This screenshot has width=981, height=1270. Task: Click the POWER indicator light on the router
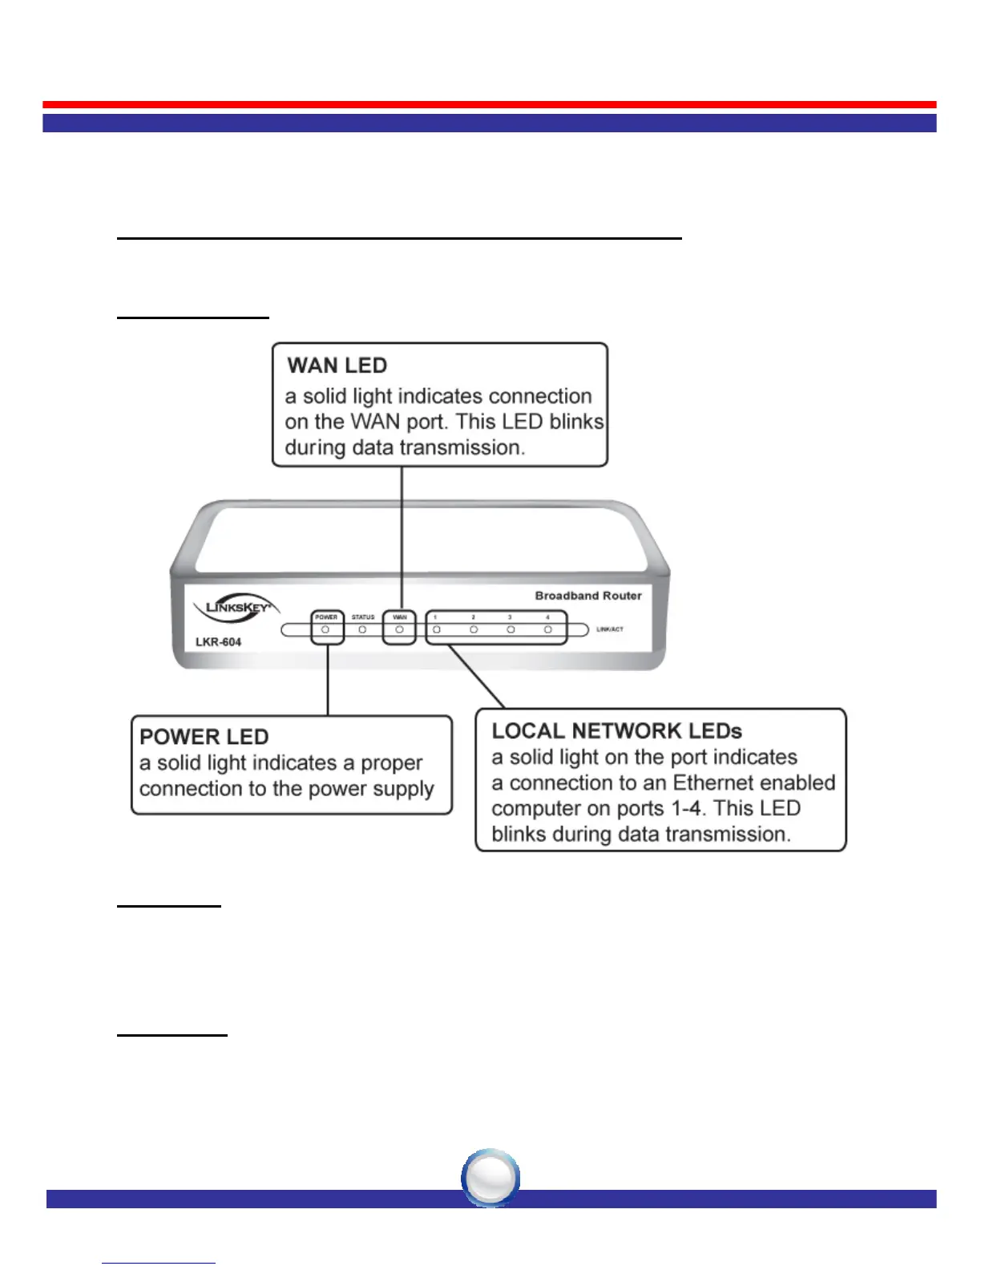coord(325,630)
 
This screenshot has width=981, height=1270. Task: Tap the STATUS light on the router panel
coord(362,630)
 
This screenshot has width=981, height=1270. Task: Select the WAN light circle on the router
coord(399,630)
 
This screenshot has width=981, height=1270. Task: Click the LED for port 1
coord(437,630)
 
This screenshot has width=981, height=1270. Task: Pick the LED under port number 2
coord(474,630)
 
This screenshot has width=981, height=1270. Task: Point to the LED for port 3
coord(511,630)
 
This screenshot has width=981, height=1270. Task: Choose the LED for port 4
coord(548,630)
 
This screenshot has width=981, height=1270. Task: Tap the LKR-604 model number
coord(218,642)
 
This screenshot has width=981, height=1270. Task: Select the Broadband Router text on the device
coord(588,596)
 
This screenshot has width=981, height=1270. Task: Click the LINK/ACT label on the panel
coord(610,629)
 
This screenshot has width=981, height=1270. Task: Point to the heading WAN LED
coord(337,366)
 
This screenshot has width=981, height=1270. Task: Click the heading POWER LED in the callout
coord(204,737)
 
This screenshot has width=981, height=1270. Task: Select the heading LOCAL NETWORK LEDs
coord(616,731)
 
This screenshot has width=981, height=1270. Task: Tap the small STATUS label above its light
coord(363,617)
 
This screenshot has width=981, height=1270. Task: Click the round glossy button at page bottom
coord(490,1178)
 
